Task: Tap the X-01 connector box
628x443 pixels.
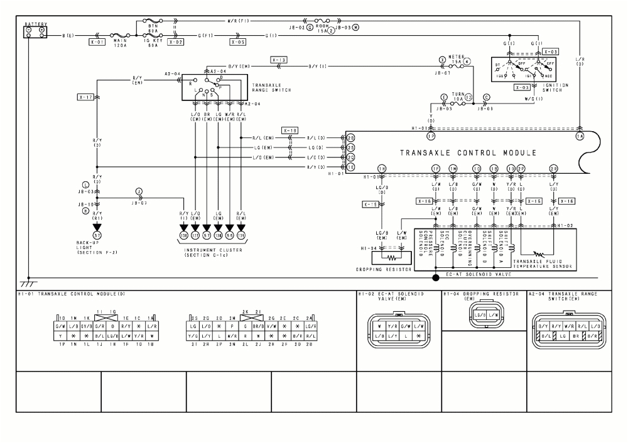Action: [x=97, y=43]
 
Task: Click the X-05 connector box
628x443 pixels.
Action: [x=237, y=43]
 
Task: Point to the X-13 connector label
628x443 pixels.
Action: [x=279, y=60]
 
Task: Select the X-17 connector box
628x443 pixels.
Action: [x=86, y=97]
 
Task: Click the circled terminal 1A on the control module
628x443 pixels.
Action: [x=580, y=136]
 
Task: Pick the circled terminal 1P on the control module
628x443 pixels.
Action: [x=431, y=136]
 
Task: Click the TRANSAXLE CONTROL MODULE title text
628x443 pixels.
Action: [x=468, y=152]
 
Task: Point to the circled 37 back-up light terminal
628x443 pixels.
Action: [x=97, y=234]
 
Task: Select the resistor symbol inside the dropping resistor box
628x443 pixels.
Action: [x=391, y=257]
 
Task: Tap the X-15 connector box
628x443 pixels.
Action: [x=371, y=205]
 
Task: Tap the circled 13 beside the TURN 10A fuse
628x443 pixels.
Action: [x=468, y=97]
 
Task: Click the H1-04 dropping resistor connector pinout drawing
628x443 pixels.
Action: [x=484, y=314]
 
